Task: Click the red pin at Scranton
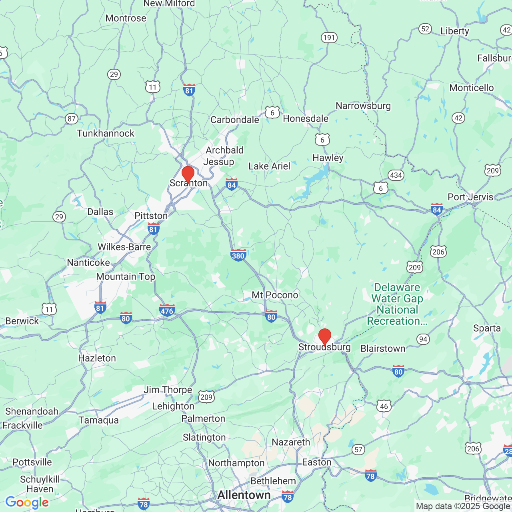coord(188,174)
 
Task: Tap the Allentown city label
coord(244,495)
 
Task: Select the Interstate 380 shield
coord(238,255)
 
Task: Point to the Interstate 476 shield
coord(167,310)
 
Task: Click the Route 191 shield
coord(329,38)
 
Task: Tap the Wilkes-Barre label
coord(124,247)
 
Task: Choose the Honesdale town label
coord(306,119)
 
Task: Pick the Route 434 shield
coord(396,175)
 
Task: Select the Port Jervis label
coord(470,197)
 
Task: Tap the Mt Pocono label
coord(275,295)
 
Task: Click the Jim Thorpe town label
coord(168,390)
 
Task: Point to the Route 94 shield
coord(423,339)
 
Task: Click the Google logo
coord(27,502)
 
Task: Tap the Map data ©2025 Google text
coord(463,506)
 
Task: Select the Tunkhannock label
coord(106,134)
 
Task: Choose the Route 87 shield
coord(72,119)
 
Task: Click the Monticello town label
coord(472,88)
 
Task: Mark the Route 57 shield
coord(358,449)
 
